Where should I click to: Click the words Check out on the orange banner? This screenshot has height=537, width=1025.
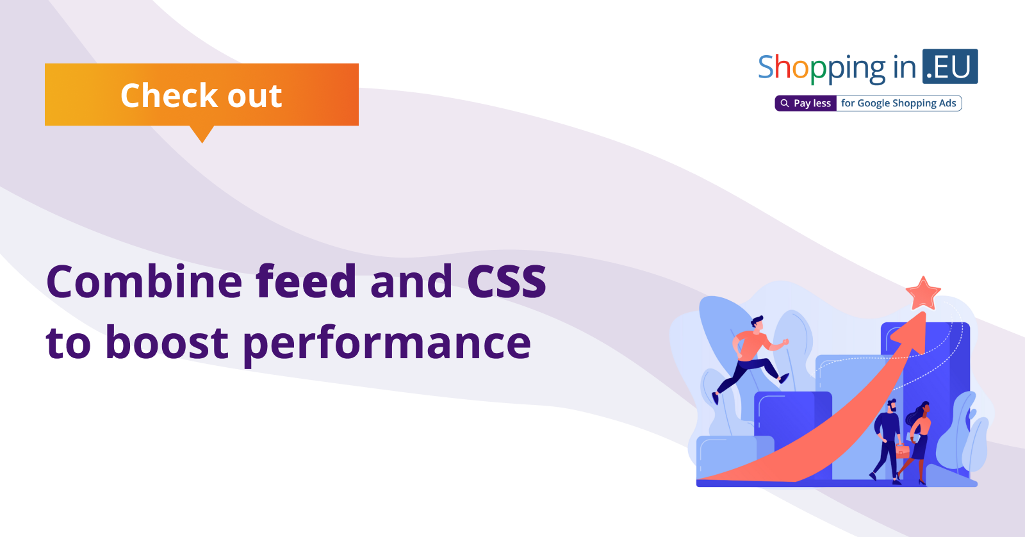[201, 95]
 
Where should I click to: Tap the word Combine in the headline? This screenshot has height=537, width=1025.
[144, 281]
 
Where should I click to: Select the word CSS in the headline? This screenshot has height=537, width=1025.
[507, 281]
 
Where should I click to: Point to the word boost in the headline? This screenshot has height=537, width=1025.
[167, 342]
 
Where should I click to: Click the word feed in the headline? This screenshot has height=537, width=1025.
[306, 281]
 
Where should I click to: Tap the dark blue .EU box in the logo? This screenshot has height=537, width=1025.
[950, 67]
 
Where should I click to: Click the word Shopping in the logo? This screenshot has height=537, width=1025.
[822, 68]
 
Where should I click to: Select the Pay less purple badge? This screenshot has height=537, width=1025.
[806, 103]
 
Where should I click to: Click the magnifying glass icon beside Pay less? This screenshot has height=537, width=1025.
[784, 103]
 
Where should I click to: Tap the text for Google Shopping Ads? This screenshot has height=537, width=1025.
[899, 103]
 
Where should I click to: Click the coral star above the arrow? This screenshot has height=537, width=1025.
[923, 293]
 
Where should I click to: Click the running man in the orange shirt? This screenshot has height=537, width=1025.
[750, 359]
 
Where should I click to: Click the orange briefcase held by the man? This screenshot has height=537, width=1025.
[902, 450]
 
